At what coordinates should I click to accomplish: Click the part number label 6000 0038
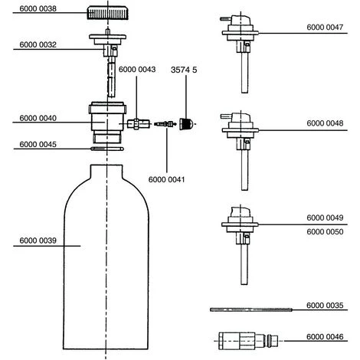coord(38,8)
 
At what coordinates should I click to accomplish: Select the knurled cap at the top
coord(107,14)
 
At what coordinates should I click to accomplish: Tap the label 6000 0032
coord(38,44)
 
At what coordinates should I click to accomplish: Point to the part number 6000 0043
coord(137,70)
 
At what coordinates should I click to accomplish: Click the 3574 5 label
coord(184,70)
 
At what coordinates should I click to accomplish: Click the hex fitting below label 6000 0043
coord(138,124)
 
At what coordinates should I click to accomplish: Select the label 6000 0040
coord(38,118)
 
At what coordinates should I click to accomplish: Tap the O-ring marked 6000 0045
coord(107,149)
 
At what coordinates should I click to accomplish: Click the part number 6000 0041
coord(166,179)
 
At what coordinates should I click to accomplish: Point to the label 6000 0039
coord(38,241)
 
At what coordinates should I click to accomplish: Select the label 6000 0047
coord(325,28)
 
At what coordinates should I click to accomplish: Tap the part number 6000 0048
coord(325,123)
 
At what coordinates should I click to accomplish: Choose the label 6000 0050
coord(325,232)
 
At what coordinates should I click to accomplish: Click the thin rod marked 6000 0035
coord(251,309)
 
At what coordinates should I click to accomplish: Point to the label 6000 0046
coord(325,337)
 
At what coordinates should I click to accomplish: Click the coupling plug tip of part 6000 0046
coord(272,341)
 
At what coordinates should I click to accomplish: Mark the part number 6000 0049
coord(325,218)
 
